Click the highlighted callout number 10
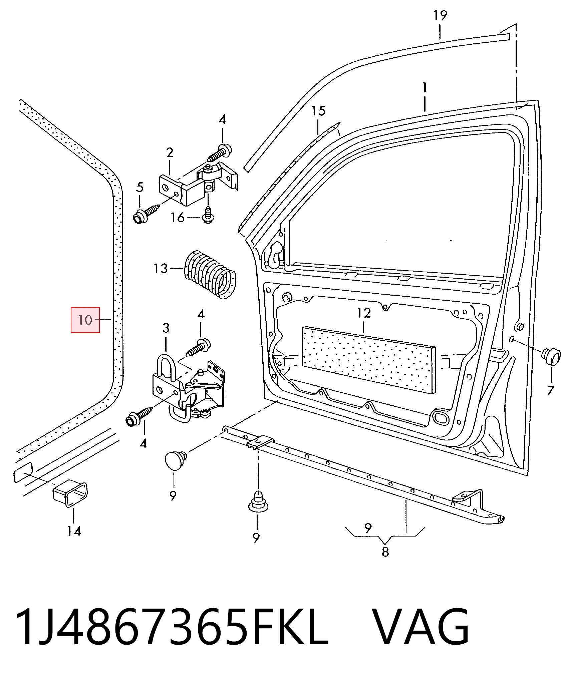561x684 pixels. [x=85, y=320]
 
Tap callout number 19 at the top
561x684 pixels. [x=440, y=15]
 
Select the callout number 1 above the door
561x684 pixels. [x=425, y=87]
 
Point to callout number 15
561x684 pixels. [x=318, y=111]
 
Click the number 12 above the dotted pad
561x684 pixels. [x=364, y=313]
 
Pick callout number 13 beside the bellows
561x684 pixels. [x=160, y=268]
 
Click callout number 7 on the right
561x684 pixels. [x=550, y=390]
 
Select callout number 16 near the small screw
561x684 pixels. [x=177, y=218]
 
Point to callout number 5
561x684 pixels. [x=139, y=187]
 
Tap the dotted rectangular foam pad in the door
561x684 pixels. [x=368, y=360]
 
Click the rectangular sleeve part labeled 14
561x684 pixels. [x=70, y=493]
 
